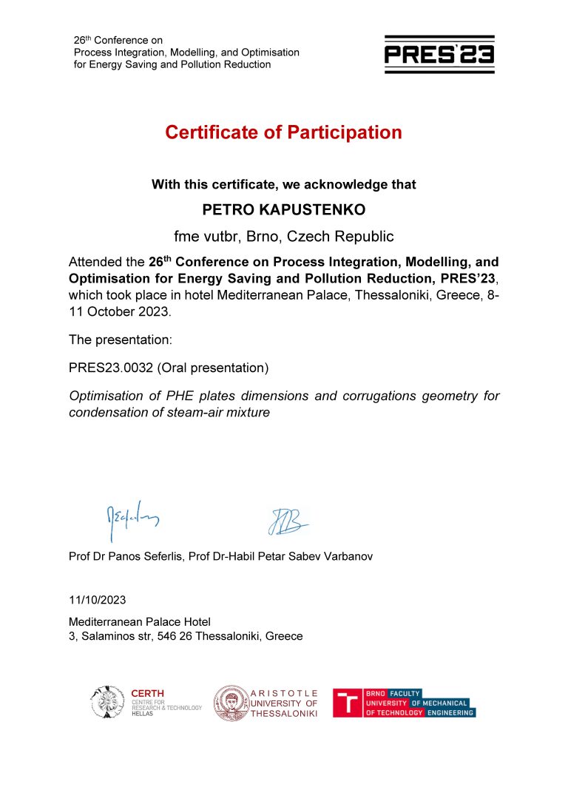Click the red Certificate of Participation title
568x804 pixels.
pyautogui.click(x=283, y=132)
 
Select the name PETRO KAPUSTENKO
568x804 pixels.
pyautogui.click(x=283, y=210)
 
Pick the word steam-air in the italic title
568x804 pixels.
pyautogui.click(x=186, y=412)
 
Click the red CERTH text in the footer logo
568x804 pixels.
pyautogui.click(x=147, y=693)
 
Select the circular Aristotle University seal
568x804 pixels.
pyautogui.click(x=230, y=702)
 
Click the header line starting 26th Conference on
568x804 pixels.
pyautogui.click(x=118, y=40)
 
